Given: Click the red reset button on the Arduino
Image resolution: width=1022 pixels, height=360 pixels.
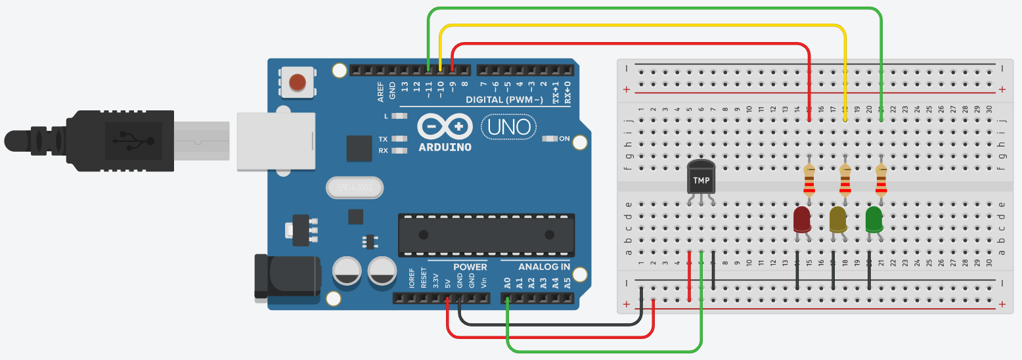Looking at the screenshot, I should (298, 83).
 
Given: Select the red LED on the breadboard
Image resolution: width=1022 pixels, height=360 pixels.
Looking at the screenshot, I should (802, 219).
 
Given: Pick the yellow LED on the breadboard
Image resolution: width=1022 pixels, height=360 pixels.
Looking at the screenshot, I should (838, 219).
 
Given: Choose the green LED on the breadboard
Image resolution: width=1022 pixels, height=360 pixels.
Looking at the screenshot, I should (874, 219).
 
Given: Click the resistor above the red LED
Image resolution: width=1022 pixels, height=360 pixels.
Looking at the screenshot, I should (809, 181).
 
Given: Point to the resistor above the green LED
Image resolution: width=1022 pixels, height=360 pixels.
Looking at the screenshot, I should (881, 181).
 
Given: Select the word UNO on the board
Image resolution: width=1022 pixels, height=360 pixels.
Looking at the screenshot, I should (510, 127).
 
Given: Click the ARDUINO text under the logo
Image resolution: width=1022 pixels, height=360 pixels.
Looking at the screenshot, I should (445, 147).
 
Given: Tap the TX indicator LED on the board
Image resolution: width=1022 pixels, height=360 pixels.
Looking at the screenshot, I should (396, 139).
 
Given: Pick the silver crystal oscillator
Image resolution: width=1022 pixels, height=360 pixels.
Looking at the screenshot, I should (353, 189).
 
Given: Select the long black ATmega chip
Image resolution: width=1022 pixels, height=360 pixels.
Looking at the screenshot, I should (486, 235).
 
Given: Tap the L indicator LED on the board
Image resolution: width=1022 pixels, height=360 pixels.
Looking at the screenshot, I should (396, 116).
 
